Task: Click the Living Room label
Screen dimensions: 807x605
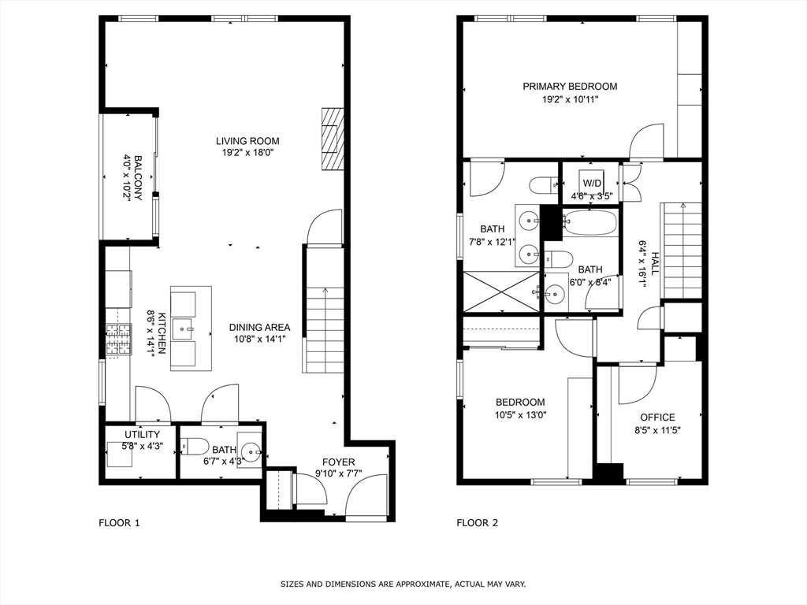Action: tap(247, 141)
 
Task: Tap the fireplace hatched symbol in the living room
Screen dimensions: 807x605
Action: tap(333, 139)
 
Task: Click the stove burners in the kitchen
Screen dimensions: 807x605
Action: tap(118, 339)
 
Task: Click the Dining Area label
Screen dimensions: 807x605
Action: tap(259, 327)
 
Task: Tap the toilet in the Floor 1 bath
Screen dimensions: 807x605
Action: tap(195, 446)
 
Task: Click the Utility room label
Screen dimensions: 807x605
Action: tap(142, 435)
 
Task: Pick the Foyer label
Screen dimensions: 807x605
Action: tap(339, 462)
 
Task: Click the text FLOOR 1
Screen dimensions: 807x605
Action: tap(119, 523)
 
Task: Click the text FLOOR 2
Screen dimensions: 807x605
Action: tap(478, 523)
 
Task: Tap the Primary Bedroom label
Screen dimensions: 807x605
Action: tap(571, 87)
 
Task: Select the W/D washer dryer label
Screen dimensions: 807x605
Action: tap(592, 183)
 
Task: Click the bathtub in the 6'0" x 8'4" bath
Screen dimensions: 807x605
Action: tap(589, 223)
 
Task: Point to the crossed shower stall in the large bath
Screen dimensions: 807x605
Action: tap(501, 291)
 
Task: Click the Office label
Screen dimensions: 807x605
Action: tap(658, 418)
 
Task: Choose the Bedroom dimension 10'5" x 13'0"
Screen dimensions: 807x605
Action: tap(520, 415)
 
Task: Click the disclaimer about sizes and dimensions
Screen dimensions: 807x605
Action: tap(403, 584)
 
